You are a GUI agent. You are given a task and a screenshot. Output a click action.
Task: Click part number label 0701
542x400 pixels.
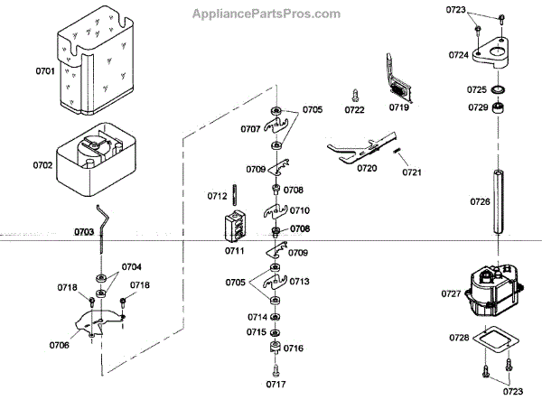click(x=44, y=70)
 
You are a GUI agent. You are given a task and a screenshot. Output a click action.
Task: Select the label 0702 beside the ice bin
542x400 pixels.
click(x=42, y=165)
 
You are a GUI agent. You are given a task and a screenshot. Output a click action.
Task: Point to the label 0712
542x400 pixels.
click(x=217, y=195)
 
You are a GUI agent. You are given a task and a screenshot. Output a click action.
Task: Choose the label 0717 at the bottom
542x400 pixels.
click(x=275, y=384)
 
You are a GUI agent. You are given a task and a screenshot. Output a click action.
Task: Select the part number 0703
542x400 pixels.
click(x=84, y=232)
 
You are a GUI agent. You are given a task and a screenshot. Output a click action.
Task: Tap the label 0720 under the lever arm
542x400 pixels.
click(x=367, y=169)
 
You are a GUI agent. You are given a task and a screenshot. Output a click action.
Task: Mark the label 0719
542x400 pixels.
click(x=399, y=107)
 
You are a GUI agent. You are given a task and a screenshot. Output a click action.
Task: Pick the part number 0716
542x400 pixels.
click(x=294, y=349)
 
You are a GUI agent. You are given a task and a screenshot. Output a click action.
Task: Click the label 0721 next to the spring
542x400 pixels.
click(x=412, y=172)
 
